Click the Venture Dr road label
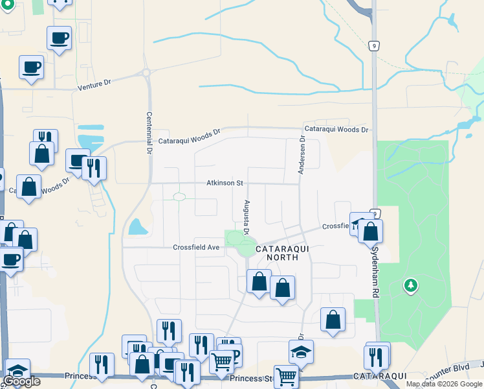(x=94, y=84)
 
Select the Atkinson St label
(x=225, y=183)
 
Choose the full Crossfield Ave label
(x=197, y=247)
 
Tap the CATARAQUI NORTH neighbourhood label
(x=277, y=253)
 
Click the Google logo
(x=21, y=381)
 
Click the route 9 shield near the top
(x=373, y=45)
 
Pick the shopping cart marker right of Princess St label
(x=285, y=375)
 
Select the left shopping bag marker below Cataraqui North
(x=259, y=281)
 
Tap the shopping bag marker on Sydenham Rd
(x=370, y=231)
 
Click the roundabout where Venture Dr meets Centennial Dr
(x=146, y=73)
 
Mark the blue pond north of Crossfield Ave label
(x=137, y=226)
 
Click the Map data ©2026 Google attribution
(x=444, y=384)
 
